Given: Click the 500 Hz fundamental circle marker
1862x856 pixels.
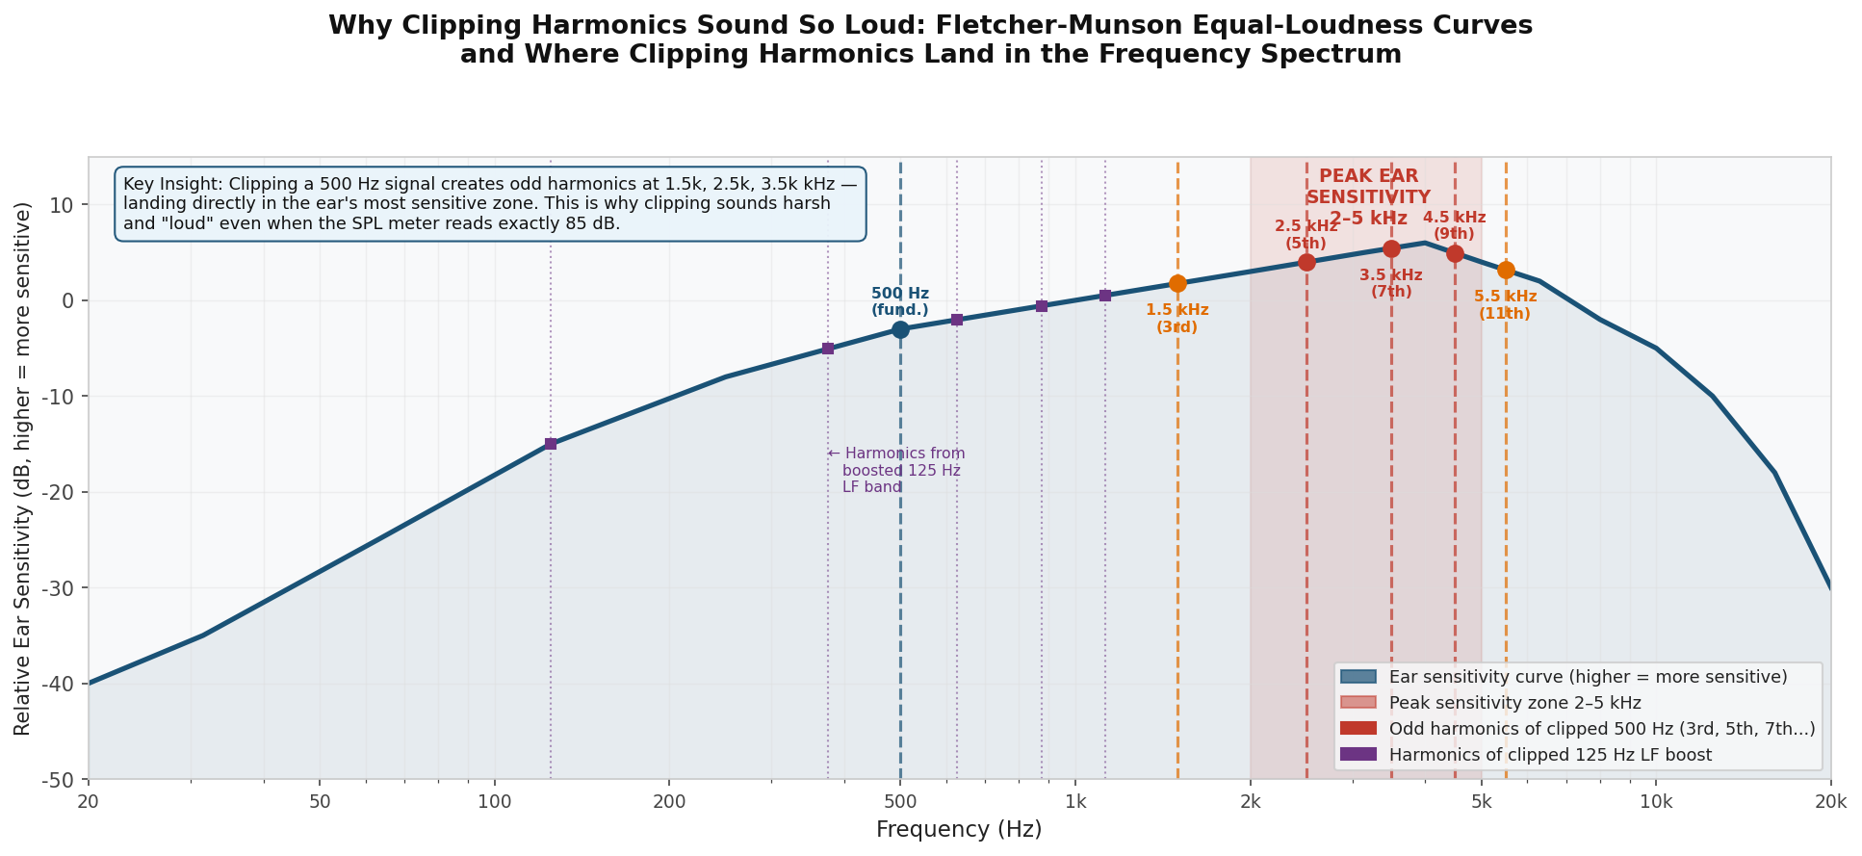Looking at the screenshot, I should coord(900,329).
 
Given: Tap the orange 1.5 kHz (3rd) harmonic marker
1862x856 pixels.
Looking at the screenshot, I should coord(1177,283).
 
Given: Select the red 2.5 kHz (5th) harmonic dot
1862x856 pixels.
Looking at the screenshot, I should coord(1306,262).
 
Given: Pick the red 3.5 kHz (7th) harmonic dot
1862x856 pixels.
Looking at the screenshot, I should coord(1391,248).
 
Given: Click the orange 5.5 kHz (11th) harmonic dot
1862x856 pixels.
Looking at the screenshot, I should coord(1506,271).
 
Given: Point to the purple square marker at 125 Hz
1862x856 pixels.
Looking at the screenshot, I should coord(551,444).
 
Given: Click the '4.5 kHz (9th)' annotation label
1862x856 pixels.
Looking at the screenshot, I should coord(1454,225).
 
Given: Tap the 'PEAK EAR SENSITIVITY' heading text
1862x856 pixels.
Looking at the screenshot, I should coord(1368,187).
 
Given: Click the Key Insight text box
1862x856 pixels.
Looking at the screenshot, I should coord(490,203).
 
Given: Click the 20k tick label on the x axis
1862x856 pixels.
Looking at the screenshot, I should coord(1829,802).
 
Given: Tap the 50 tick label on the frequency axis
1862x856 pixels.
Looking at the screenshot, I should coord(321,802).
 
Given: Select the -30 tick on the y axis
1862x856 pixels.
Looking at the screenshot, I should coord(62,588).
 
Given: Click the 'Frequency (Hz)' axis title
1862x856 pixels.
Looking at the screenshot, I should coord(959,829).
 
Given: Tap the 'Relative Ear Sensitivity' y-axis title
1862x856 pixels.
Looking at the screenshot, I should coord(23,468).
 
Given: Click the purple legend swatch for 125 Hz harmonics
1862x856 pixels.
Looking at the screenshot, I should coord(1358,754).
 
